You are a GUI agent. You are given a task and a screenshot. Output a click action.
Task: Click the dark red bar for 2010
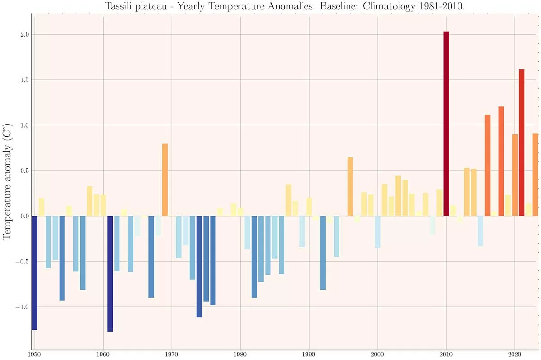446,124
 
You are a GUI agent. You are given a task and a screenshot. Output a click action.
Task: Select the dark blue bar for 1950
34,272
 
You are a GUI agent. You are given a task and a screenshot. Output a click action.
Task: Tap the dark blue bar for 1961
110,273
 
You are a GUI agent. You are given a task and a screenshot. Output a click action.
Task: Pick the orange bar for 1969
165,180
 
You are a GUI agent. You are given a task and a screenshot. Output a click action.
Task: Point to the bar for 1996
350,186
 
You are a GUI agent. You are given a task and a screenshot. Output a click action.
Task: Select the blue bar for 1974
199,266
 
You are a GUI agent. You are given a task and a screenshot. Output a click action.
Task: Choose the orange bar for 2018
501,161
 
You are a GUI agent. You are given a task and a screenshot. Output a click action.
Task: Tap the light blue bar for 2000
378,231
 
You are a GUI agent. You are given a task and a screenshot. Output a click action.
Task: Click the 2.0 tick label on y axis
25,35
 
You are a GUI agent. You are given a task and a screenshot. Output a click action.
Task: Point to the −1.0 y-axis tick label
23,307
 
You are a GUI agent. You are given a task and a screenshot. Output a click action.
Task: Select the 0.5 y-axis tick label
25,171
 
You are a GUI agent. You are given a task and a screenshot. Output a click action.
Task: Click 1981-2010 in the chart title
433,7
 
